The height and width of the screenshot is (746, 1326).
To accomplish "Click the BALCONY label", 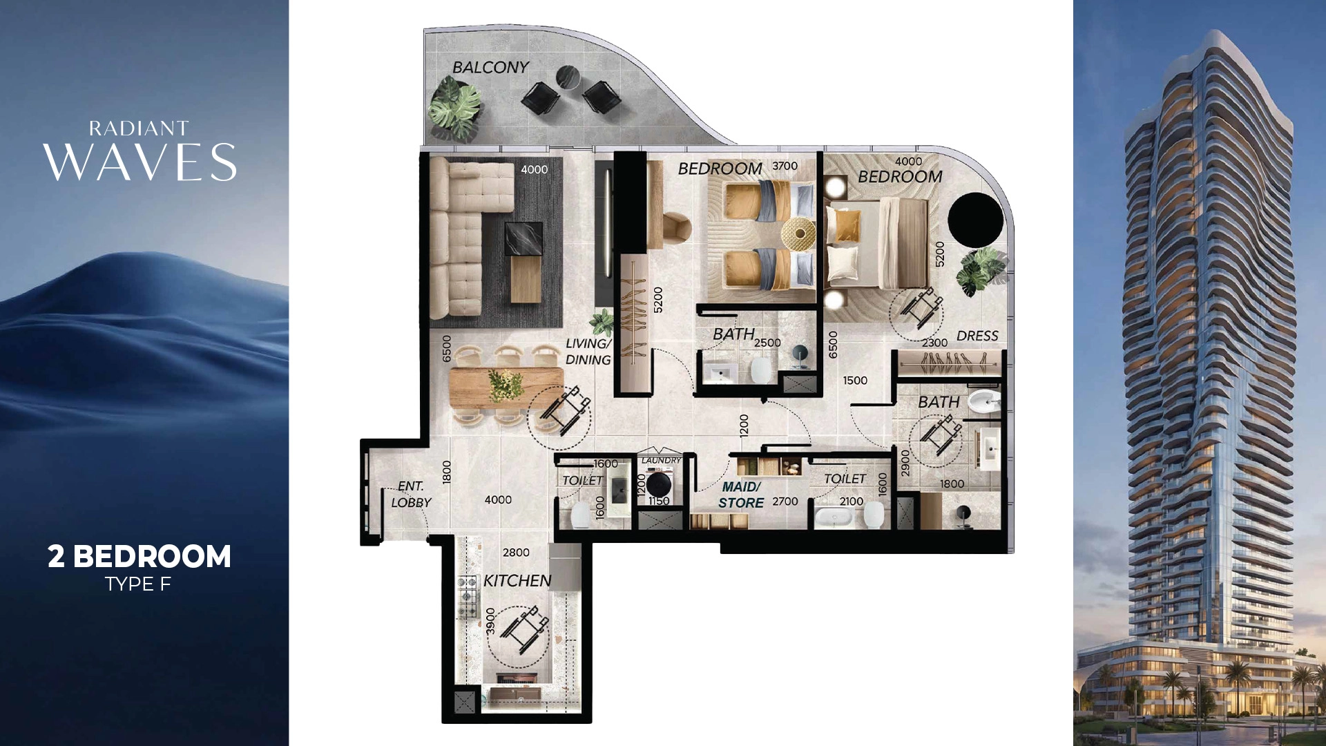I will (x=490, y=67).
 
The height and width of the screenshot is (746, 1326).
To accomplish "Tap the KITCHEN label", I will (x=517, y=581).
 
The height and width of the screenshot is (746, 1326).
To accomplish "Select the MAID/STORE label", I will (x=741, y=495).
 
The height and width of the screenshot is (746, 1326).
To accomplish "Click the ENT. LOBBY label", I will (x=411, y=495).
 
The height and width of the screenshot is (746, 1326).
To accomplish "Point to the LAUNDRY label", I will (x=661, y=460).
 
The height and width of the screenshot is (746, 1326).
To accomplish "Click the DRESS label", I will (x=977, y=336).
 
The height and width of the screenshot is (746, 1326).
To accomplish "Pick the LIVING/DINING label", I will (x=588, y=352).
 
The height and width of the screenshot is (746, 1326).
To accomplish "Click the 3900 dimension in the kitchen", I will (x=490, y=621).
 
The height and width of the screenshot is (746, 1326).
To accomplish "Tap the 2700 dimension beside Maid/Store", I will (x=785, y=501).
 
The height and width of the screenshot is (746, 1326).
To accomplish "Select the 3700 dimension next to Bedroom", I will (x=785, y=166).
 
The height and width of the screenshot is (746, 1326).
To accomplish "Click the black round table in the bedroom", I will (x=975, y=218).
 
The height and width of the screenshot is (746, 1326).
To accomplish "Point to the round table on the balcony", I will (x=568, y=77).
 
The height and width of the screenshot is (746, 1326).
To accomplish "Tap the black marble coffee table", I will (x=523, y=239).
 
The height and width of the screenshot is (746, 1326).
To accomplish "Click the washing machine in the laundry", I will (x=658, y=484).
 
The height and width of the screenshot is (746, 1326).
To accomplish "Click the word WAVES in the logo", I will (x=140, y=163).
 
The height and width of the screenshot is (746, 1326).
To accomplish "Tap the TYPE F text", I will (x=138, y=584).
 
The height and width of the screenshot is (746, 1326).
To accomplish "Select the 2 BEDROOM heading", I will (x=140, y=557).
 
